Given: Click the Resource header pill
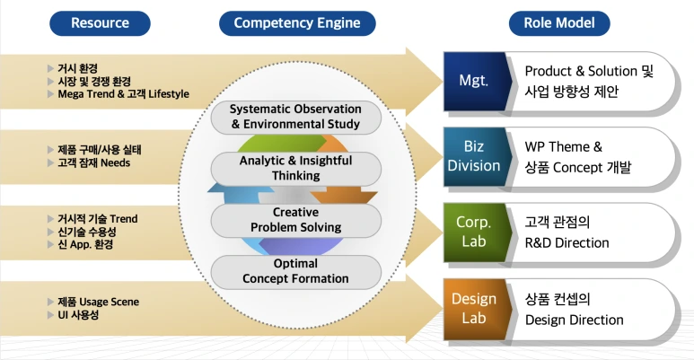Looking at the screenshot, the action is click(x=100, y=23).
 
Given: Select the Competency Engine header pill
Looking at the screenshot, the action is click(x=297, y=23).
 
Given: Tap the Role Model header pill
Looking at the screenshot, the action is click(x=559, y=23).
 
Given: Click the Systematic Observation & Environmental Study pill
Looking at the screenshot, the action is click(x=295, y=117).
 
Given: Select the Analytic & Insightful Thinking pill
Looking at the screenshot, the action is click(x=295, y=168).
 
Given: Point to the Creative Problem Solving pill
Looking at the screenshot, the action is click(x=295, y=220).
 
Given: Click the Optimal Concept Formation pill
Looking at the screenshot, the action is click(x=295, y=271).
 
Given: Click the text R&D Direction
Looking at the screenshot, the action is click(x=567, y=242).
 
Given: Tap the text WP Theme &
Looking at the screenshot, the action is click(x=564, y=146).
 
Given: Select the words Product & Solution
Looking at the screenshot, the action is click(x=581, y=71).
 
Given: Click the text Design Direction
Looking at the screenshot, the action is click(x=574, y=320).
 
